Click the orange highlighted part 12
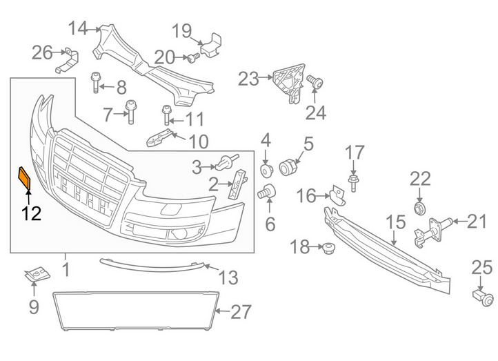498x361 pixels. [25, 178]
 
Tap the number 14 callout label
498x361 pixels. [78, 28]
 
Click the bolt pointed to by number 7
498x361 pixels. [131, 112]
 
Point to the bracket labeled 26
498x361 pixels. [68, 60]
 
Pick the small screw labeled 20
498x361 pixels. [193, 58]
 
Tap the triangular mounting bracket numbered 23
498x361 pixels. [289, 83]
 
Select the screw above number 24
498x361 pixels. [315, 82]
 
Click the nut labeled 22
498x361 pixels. [420, 208]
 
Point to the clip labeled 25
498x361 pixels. [484, 297]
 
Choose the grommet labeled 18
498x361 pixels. [328, 248]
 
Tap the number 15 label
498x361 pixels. [396, 222]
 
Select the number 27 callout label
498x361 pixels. [241, 312]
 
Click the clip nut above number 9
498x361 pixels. [37, 275]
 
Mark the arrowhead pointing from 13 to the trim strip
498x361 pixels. [206, 265]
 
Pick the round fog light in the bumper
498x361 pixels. [179, 234]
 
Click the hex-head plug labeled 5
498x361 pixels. [288, 167]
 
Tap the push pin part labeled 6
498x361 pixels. [267, 191]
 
